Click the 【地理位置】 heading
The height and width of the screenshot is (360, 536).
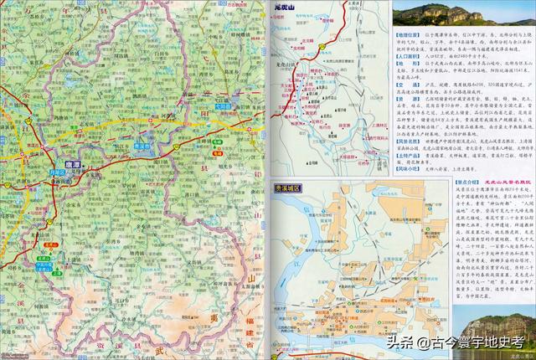pos(408,35)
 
